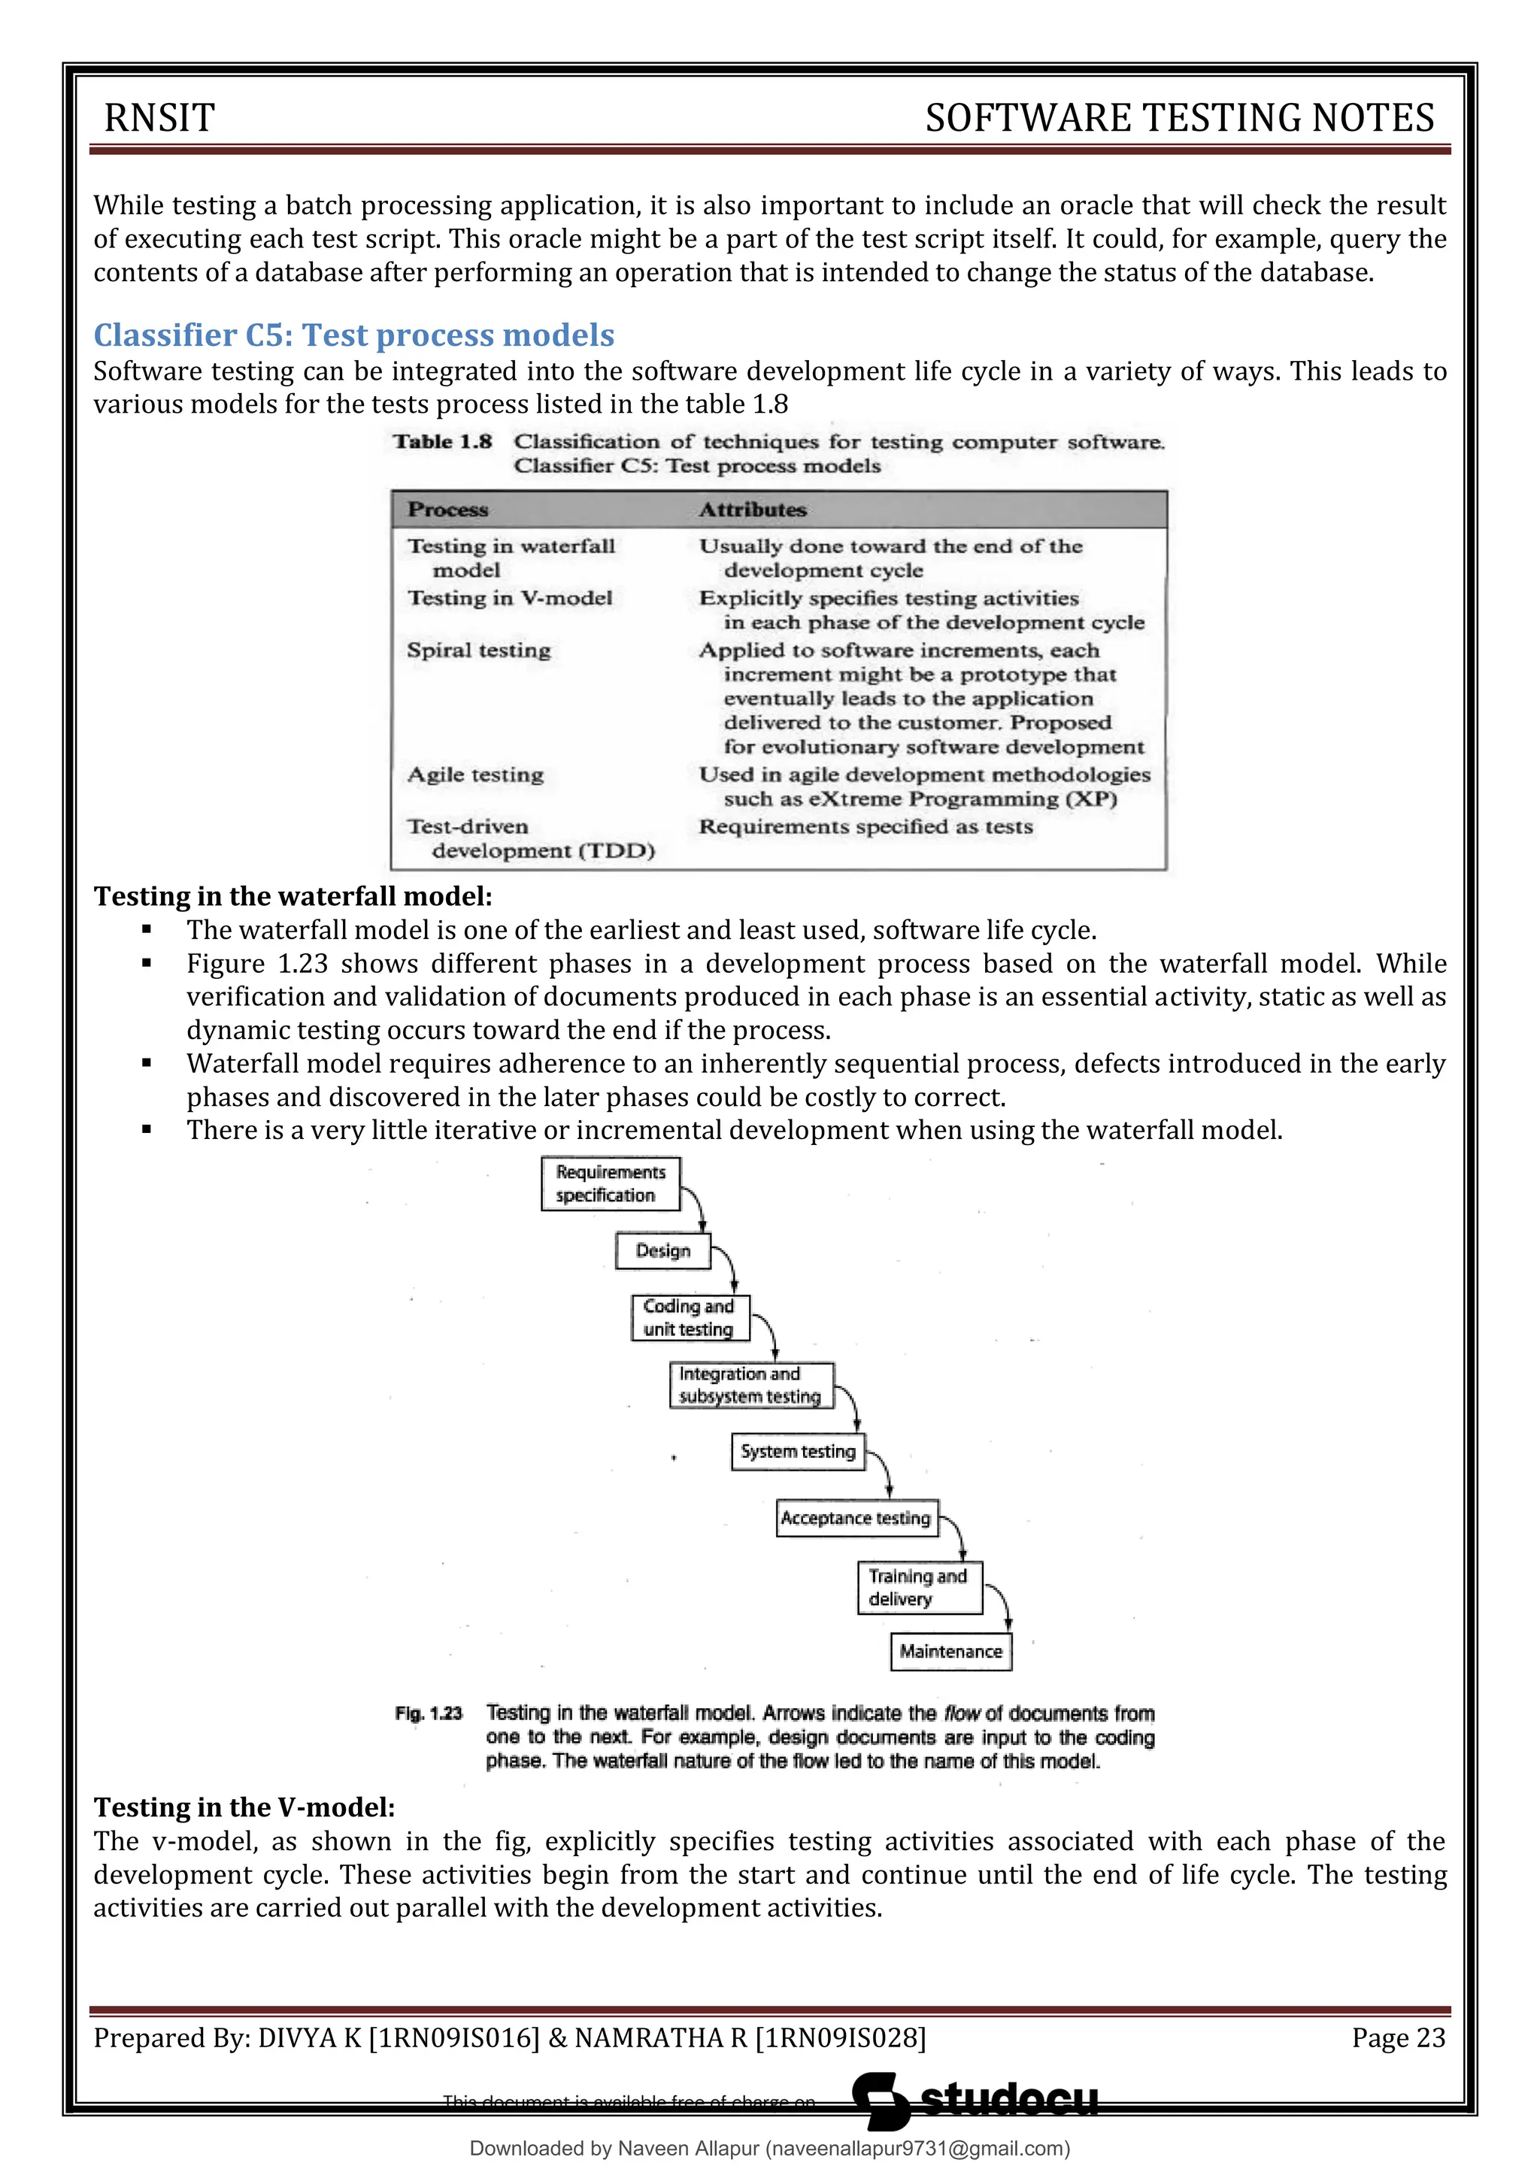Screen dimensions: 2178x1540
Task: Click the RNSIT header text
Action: [159, 117]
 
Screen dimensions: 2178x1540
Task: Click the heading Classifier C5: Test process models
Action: [354, 335]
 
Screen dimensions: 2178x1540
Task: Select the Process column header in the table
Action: [448, 510]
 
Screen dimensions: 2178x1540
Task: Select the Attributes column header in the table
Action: [753, 510]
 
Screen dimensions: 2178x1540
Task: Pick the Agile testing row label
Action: [475, 775]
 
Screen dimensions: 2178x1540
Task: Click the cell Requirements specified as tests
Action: [865, 827]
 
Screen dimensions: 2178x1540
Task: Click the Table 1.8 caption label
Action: [443, 442]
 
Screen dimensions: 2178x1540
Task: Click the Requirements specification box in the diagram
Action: [610, 1183]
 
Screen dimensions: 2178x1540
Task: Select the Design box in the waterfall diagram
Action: [662, 1250]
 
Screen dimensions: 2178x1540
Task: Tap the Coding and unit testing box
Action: [690, 1318]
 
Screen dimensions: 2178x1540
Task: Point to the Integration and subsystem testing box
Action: [750, 1385]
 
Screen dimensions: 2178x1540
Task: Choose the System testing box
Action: [797, 1451]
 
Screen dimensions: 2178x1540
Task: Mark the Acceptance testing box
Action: [855, 1518]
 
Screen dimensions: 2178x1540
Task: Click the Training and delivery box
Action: [918, 1587]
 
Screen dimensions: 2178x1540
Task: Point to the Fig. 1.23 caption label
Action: [428, 1714]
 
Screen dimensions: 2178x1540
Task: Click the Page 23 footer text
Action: [1398, 2037]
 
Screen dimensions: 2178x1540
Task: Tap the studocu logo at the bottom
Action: [978, 2101]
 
